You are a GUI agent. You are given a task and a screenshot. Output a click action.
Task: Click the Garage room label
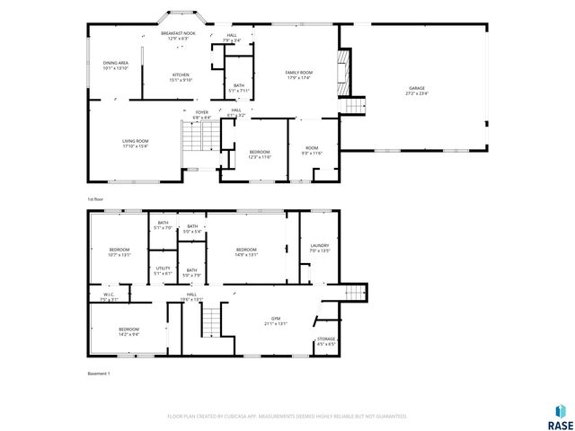[417, 90]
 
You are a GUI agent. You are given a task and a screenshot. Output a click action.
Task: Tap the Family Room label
[298, 75]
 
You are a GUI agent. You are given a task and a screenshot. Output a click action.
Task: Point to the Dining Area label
[115, 65]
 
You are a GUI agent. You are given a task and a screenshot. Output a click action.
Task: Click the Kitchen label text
[181, 77]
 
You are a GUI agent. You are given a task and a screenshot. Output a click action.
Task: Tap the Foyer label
[202, 115]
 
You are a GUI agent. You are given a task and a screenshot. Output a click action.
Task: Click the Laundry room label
[319, 248]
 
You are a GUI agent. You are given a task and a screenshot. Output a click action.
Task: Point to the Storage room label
[325, 341]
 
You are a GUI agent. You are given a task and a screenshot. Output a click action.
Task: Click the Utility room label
[163, 270]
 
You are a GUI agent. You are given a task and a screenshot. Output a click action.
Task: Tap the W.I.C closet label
[108, 295]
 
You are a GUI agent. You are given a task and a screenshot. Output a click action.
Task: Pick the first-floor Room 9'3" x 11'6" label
[311, 150]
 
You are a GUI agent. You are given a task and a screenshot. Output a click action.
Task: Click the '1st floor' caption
[96, 198]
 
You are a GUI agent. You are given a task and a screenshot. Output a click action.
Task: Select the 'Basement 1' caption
[98, 373]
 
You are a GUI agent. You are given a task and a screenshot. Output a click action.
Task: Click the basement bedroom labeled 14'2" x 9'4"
[128, 331]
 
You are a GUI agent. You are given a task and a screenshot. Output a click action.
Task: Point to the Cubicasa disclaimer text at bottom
[287, 416]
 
